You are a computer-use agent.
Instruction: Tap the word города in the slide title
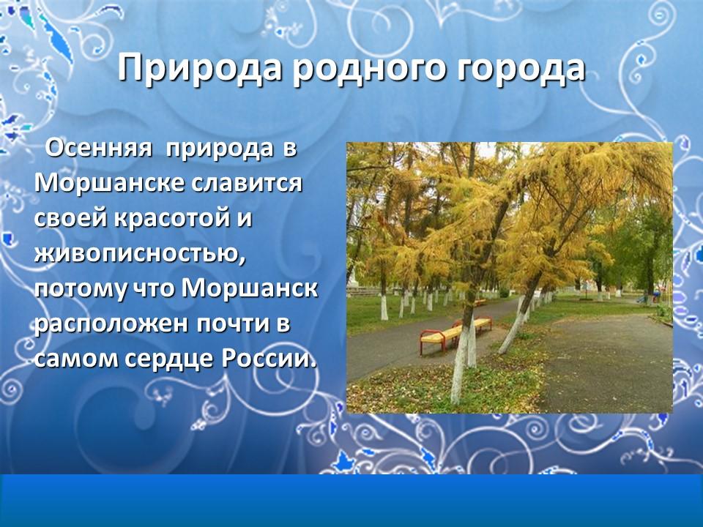[x=516, y=70]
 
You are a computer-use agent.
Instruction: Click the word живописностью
[x=139, y=254]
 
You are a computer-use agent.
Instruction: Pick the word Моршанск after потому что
[x=250, y=289]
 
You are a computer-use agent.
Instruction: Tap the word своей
[x=69, y=219]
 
